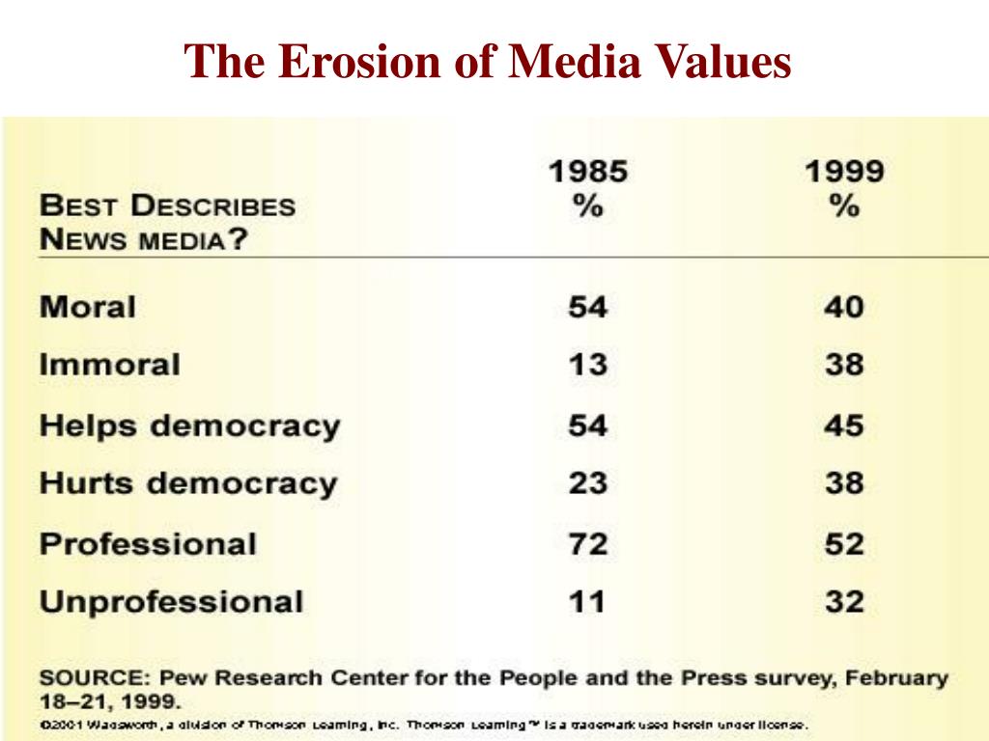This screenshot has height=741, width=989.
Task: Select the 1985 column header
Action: tap(587, 173)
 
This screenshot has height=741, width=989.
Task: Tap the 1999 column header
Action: tap(843, 173)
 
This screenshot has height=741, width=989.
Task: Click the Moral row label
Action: tap(88, 308)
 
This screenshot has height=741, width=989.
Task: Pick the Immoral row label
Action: tap(109, 365)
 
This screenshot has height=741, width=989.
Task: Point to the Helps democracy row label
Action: tap(189, 425)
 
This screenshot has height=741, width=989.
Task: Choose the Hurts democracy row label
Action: tap(188, 483)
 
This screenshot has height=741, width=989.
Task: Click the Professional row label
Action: tap(148, 543)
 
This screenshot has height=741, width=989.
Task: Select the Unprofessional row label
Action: tap(171, 602)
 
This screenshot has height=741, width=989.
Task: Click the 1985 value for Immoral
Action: tap(587, 365)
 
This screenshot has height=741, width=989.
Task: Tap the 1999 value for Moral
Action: tap(843, 308)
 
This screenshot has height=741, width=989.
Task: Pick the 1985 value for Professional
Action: tap(587, 543)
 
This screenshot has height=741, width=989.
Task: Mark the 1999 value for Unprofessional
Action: tap(843, 602)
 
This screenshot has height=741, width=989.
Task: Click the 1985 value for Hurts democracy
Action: tap(587, 483)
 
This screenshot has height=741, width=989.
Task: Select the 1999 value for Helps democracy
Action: tap(843, 425)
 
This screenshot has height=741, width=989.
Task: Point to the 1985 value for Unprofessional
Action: tap(587, 602)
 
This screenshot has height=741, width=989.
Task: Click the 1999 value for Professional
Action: tap(843, 543)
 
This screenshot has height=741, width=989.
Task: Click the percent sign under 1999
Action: tap(843, 206)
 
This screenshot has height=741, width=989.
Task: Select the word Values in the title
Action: tap(725, 63)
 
